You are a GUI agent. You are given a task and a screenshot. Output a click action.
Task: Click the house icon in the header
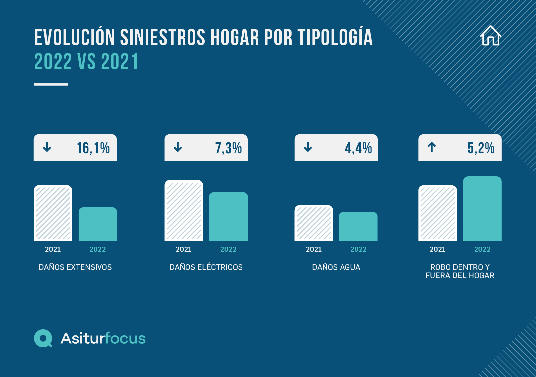coord(491,36)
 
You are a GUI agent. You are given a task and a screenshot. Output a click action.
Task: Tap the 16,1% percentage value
coord(93,148)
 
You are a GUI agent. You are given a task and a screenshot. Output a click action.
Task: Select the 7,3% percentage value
coord(228,148)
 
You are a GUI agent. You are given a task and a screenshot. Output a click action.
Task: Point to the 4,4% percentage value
coord(358,148)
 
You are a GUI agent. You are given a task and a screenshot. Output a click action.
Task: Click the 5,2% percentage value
coord(481,148)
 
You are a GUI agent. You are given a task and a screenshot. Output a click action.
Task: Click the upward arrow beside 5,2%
coord(432,147)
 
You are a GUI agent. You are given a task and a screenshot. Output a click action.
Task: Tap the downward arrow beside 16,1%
coord(47,147)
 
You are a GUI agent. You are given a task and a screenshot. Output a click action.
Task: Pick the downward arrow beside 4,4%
coord(308,147)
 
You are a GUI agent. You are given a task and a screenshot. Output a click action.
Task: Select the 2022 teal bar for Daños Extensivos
coord(98,224)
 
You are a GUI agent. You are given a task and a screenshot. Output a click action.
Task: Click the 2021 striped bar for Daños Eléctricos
coord(184,210)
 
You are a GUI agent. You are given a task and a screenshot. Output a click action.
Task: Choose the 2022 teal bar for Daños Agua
coord(358,227)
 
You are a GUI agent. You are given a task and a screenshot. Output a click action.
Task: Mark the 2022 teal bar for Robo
coord(482,209)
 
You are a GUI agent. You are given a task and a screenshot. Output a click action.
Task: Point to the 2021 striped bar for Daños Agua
coord(313,223)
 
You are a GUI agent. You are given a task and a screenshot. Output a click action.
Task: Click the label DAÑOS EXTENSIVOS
coord(75,267)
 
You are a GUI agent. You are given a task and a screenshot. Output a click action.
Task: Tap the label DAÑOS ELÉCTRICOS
coord(206,267)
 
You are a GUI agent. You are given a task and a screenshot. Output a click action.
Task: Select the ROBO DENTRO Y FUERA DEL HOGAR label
coord(460,271)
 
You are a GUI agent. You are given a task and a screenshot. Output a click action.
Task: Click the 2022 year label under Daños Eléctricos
coord(228,249)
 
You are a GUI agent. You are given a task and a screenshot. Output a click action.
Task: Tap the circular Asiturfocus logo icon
coord(43,338)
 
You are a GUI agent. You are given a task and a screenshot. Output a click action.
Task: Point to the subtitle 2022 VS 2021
coord(86,62)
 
